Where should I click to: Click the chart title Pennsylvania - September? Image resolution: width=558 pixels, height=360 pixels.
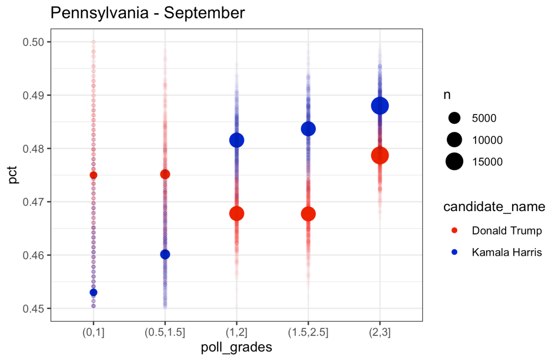147,14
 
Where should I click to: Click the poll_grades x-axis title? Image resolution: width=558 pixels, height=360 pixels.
236,347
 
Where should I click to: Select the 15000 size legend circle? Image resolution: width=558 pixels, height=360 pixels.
454,161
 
